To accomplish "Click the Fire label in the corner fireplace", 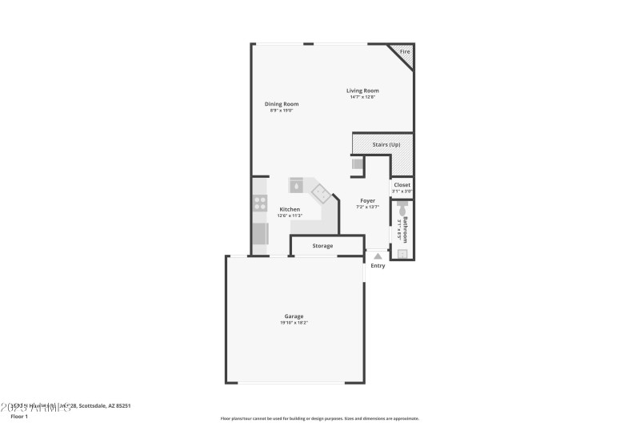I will pos(405,51).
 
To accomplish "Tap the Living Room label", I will pos(362,91).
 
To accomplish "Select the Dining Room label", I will pos(282,103).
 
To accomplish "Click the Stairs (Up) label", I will pos(386,144).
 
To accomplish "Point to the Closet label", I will pos(402,185).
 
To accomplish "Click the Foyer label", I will pos(367,201).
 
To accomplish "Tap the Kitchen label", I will pos(290,209).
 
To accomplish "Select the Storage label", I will pos(322,246).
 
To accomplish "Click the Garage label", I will pos(294,316).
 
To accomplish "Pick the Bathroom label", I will pos(406,229).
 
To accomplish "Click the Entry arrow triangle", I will pos(378,256).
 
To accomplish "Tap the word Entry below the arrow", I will pos(378,266).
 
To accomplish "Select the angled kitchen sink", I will pos(320,192).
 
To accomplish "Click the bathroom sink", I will pos(402,253).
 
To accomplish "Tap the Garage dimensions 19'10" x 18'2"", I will pos(294,323).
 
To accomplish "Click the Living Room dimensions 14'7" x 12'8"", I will pos(362,97).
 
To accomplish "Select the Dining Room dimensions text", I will pos(282,110).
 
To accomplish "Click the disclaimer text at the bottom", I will pos(320,418).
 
